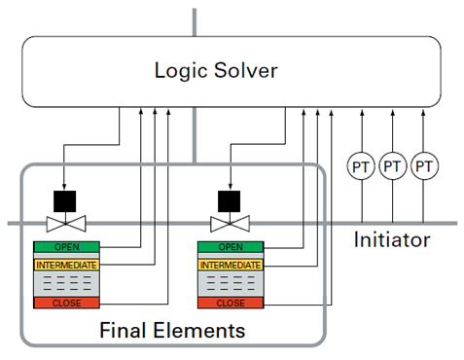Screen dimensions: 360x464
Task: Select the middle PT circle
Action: click(x=392, y=167)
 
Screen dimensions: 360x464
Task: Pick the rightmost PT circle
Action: click(x=423, y=167)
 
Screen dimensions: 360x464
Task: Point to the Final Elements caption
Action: click(x=172, y=331)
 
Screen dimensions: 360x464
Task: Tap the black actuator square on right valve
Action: click(x=230, y=200)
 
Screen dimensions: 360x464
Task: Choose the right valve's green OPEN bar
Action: click(x=230, y=247)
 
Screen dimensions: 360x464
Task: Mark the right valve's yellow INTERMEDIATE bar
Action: click(x=230, y=265)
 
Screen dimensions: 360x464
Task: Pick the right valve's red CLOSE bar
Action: click(x=230, y=304)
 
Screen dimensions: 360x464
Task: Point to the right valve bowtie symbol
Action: click(x=230, y=224)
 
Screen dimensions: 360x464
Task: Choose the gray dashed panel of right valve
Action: click(x=230, y=284)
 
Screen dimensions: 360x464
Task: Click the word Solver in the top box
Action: click(x=249, y=70)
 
